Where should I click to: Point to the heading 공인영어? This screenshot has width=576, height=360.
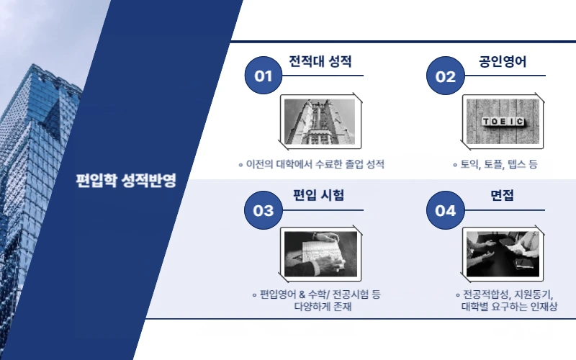503,61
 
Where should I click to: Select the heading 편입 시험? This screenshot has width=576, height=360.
318,196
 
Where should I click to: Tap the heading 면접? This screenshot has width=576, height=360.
502,196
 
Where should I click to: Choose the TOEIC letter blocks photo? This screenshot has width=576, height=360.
502,121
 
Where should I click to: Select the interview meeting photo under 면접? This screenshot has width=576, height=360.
502,255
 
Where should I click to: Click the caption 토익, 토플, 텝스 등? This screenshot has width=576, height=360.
499,165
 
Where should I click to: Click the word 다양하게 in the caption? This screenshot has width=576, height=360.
305,307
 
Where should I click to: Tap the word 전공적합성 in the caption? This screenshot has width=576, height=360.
485,294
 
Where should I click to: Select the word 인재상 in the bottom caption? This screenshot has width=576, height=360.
541,307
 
